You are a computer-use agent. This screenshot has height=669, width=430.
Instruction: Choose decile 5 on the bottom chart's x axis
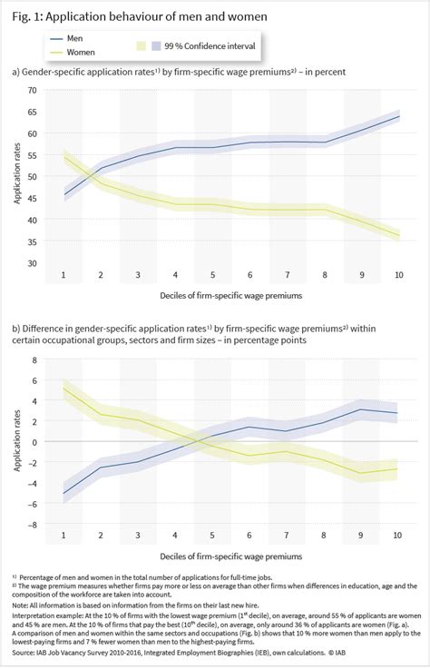[212, 535]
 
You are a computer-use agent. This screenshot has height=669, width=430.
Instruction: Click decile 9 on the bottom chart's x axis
[360, 535]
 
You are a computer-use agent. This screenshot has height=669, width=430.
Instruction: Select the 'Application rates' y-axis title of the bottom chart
[15, 441]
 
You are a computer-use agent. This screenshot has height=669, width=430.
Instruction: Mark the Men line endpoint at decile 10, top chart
[397, 116]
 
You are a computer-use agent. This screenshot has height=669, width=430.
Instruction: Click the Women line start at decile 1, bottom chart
[64, 389]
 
